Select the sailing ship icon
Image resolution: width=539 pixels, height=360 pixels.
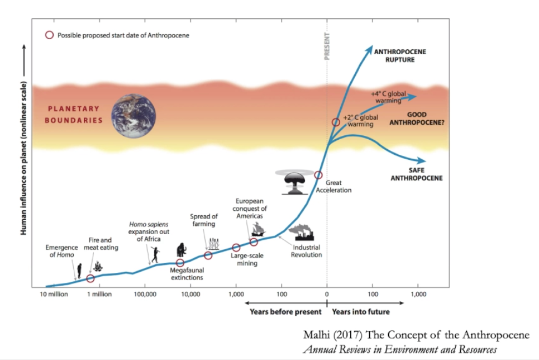pyautogui.click(x=258, y=228)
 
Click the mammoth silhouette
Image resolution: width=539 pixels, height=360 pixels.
pyautogui.click(x=182, y=249)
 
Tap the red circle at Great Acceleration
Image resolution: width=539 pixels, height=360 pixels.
pyautogui.click(x=318, y=175)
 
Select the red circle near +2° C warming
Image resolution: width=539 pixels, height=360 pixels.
pyautogui.click(x=336, y=122)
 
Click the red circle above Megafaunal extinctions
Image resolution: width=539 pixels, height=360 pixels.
pyautogui.click(x=180, y=263)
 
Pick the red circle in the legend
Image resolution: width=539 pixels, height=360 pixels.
pyautogui.click(x=49, y=35)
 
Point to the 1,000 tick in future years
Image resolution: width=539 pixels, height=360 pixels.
pyautogui.click(x=418, y=295)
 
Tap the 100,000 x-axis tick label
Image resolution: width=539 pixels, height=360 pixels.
pyautogui.click(x=144, y=295)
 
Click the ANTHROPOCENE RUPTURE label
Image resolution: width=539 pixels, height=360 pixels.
pyautogui.click(x=399, y=55)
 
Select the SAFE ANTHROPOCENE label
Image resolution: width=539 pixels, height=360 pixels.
pyautogui.click(x=416, y=174)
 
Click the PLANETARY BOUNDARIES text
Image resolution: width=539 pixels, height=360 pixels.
pyautogui.click(x=73, y=115)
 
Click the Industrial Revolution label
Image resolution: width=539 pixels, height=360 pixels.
pyautogui.click(x=307, y=251)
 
